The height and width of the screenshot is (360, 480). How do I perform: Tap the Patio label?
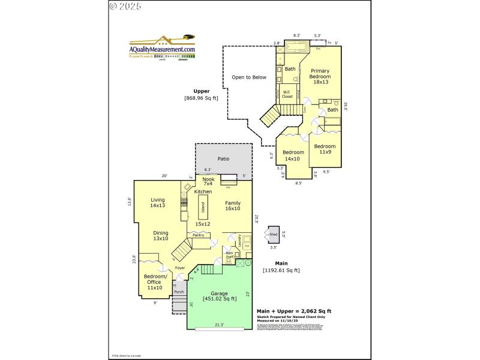(x=223, y=159)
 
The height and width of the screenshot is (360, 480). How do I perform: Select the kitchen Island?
(x=203, y=208)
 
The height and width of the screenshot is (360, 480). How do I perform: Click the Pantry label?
(x=199, y=235)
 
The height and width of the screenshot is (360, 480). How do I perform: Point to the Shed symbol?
(x=273, y=235)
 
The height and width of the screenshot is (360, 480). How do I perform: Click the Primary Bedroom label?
(x=320, y=76)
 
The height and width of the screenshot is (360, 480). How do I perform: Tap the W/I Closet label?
(x=287, y=94)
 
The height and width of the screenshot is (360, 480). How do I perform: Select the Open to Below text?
(x=250, y=77)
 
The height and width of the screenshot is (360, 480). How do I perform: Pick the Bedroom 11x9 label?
(x=325, y=149)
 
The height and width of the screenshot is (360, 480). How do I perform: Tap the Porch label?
(x=179, y=292)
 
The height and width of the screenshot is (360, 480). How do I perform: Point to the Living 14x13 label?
(x=158, y=203)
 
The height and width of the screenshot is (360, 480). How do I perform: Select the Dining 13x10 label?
(x=160, y=236)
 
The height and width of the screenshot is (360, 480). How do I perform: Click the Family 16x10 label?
(x=233, y=206)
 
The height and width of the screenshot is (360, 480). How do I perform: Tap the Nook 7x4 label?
(x=208, y=181)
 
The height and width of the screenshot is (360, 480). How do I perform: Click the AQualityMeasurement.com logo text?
(x=164, y=50)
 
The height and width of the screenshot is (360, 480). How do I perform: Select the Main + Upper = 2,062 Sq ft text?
(x=293, y=311)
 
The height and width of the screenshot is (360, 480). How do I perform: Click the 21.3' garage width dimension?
(x=218, y=325)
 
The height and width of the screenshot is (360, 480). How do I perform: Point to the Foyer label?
(x=179, y=268)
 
